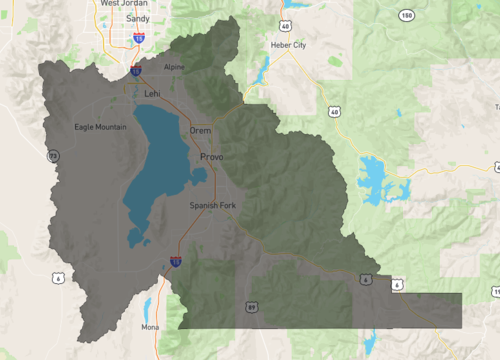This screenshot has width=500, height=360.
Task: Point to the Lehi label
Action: [152, 93]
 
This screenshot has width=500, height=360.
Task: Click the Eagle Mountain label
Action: [102, 127]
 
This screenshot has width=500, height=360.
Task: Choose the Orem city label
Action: [200, 130]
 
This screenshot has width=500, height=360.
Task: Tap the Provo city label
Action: [211, 157]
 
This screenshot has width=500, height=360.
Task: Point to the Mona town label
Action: [151, 327]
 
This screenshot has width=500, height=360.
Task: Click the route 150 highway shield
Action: [407, 16]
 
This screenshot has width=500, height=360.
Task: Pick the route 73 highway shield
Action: [53, 154]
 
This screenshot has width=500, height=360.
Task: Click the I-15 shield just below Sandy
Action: [137, 37]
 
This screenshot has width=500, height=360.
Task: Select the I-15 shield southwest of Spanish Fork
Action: [175, 261]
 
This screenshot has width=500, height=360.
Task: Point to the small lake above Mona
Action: [147, 305]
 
